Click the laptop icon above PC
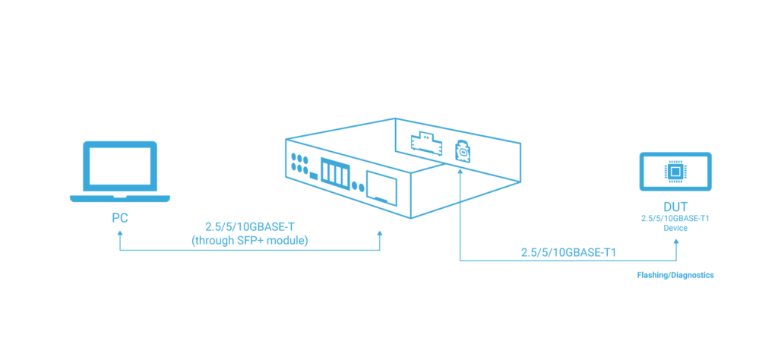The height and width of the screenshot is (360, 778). tap(119, 172)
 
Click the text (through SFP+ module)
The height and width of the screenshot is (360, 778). tap(250, 240)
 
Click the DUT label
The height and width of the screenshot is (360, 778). tap(675, 207)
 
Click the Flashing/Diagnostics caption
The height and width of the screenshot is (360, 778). tap(675, 276)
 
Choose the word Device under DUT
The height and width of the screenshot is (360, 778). tap(675, 228)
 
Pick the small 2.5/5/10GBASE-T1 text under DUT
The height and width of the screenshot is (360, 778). tap(675, 219)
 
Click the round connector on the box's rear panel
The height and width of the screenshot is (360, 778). tap(461, 151)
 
